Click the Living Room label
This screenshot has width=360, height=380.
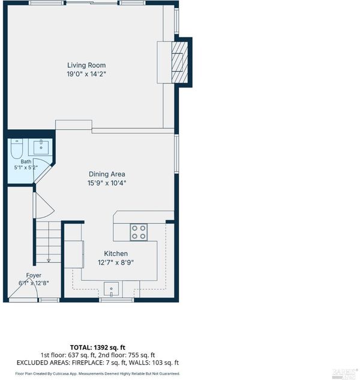pos(86,65)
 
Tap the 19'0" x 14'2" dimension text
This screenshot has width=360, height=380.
pos(86,74)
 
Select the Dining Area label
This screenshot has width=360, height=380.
pos(107,174)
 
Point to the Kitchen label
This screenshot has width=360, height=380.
pos(116,253)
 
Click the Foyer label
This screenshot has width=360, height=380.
pos(34,276)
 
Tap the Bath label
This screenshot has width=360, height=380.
pos(26,161)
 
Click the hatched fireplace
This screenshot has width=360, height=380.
pos(180,62)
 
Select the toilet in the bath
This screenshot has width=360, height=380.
pos(17,148)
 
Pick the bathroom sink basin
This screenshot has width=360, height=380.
pos(41,146)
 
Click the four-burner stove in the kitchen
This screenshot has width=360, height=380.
pos(139,232)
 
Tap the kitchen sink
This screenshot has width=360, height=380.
pos(111,289)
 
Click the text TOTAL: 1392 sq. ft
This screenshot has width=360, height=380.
pos(98,348)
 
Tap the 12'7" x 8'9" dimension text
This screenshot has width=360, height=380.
pos(116,262)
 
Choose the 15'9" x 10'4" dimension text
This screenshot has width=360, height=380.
pos(107,183)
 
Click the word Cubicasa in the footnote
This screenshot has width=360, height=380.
pos(59,374)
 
